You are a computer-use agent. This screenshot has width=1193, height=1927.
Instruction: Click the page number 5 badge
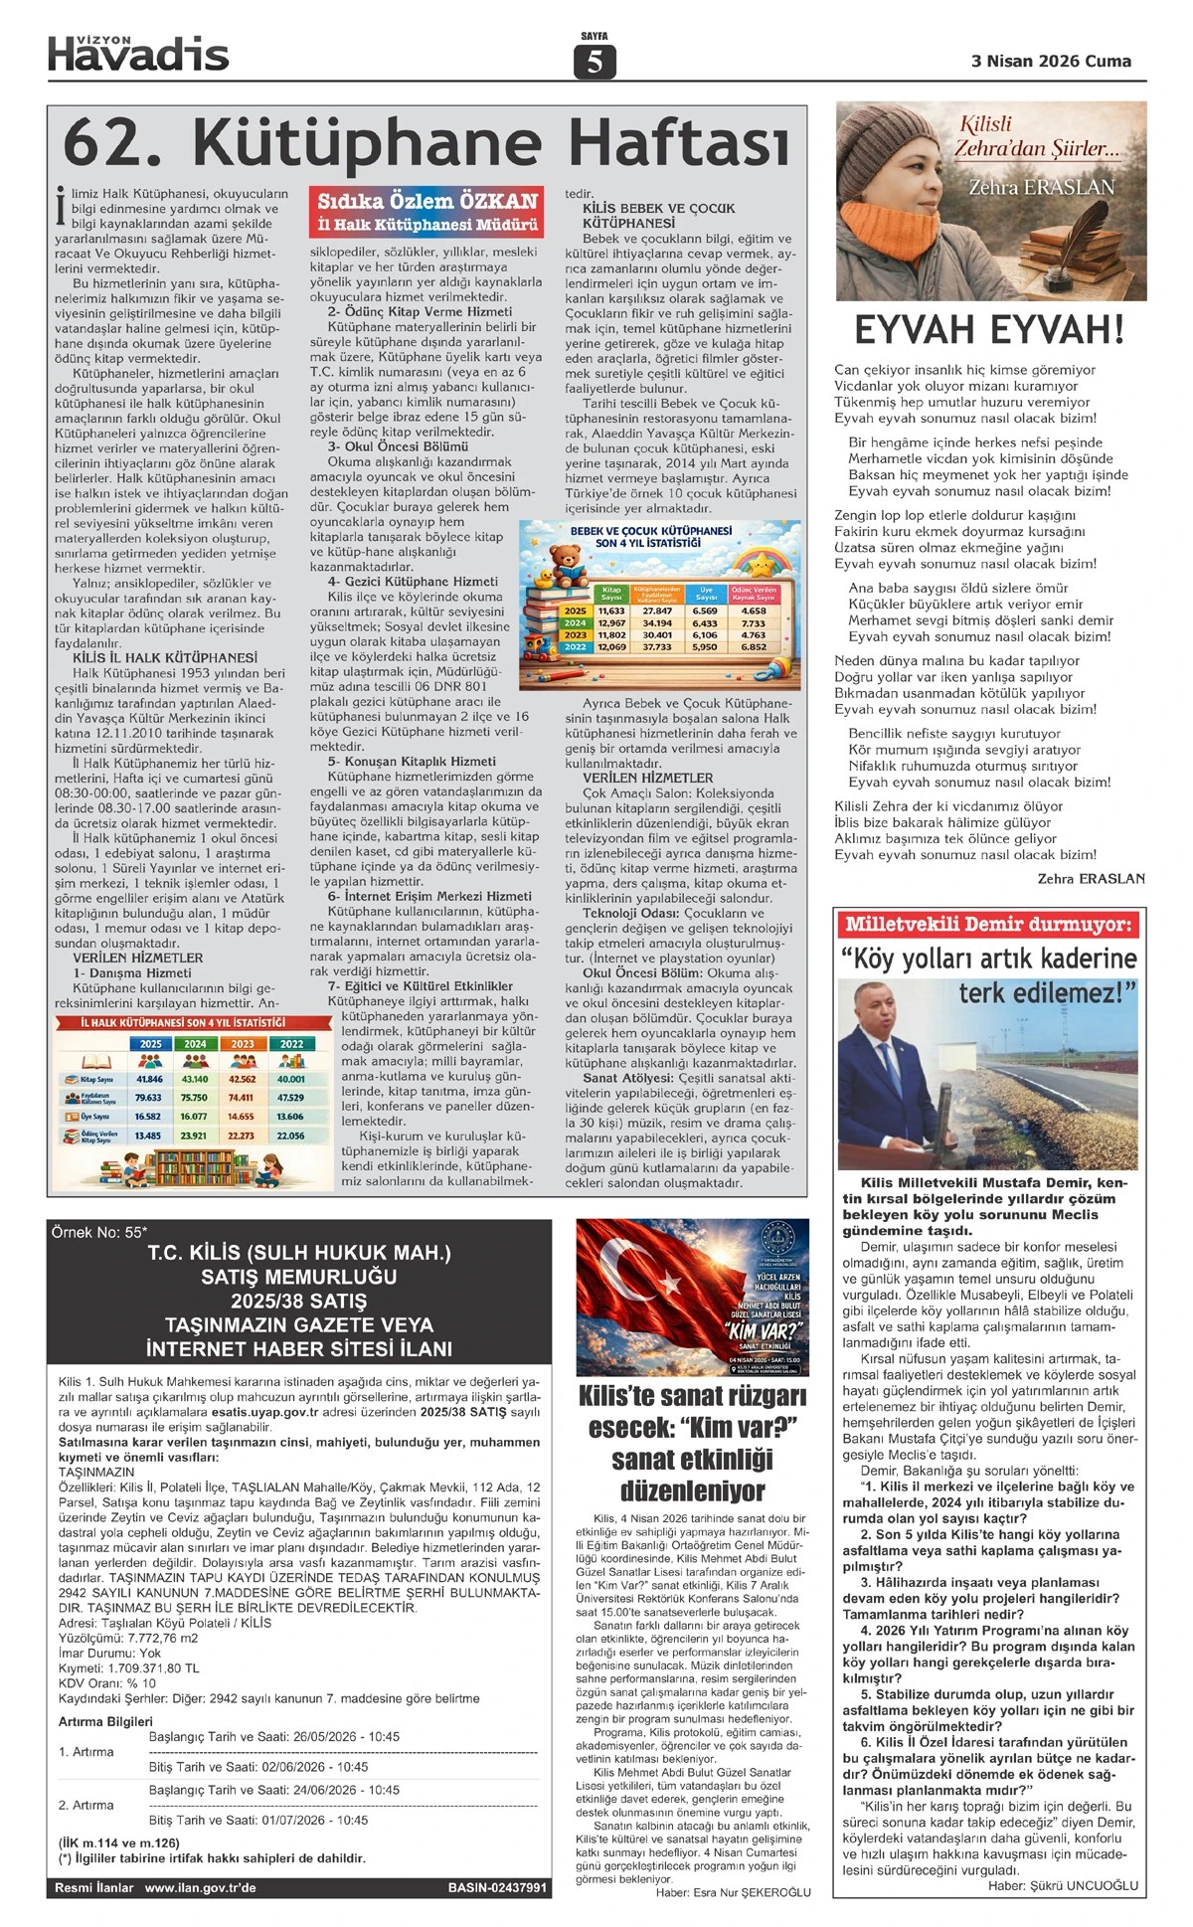595,62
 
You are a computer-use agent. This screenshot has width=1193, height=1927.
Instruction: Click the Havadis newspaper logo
138,54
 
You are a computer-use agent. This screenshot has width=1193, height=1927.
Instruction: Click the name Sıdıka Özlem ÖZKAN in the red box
427,201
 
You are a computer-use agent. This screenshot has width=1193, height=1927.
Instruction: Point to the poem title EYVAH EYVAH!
989,329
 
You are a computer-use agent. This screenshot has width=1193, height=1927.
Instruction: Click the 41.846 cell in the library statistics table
150,1079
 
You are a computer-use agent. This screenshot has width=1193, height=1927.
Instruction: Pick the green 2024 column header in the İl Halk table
195,1044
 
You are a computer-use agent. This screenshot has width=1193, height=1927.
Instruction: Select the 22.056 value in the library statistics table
290,1136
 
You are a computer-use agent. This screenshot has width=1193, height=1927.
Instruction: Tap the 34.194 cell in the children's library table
657,623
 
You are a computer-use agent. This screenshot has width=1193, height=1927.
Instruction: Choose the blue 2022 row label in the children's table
576,647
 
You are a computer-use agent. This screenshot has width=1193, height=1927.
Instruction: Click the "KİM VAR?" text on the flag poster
764,1330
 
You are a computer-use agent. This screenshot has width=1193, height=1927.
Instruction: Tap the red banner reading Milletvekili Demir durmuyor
988,925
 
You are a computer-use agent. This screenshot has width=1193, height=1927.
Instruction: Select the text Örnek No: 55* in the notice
98,1233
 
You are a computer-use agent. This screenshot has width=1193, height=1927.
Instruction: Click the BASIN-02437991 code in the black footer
497,1887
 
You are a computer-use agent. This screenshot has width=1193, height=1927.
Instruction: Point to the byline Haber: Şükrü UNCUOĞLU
1063,1885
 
